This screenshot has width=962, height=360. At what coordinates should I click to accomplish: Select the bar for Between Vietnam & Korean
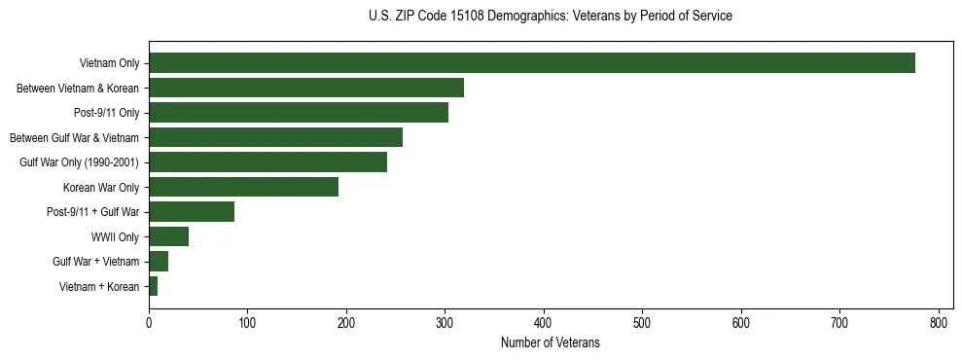pyautogui.click(x=306, y=88)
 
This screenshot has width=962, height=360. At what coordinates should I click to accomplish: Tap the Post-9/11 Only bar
pyautogui.click(x=299, y=113)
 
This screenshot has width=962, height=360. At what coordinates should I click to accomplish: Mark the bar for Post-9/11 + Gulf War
pyautogui.click(x=192, y=212)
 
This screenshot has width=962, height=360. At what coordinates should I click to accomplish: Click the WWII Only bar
pyautogui.click(x=168, y=236)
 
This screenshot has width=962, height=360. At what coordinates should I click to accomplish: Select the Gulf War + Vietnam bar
pyautogui.click(x=159, y=262)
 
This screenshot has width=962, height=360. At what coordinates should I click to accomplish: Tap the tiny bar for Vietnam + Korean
pyautogui.click(x=153, y=286)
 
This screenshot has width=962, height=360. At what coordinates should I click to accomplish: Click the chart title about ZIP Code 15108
pyautogui.click(x=551, y=17)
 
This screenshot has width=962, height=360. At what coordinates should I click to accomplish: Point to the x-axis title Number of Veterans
pyautogui.click(x=551, y=343)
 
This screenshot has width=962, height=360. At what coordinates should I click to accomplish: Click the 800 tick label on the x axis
pyautogui.click(x=939, y=322)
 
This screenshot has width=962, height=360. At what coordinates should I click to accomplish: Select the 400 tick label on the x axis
pyautogui.click(x=544, y=322)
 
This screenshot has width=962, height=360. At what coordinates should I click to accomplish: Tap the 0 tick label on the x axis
pyautogui.click(x=149, y=322)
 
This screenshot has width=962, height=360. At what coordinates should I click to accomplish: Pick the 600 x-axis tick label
pyautogui.click(x=741, y=322)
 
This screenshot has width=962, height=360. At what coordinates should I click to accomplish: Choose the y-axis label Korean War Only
pyautogui.click(x=101, y=188)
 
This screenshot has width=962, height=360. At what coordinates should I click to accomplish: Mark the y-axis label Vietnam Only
pyautogui.click(x=109, y=64)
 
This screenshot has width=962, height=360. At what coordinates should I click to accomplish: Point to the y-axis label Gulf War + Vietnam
pyautogui.click(x=96, y=262)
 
